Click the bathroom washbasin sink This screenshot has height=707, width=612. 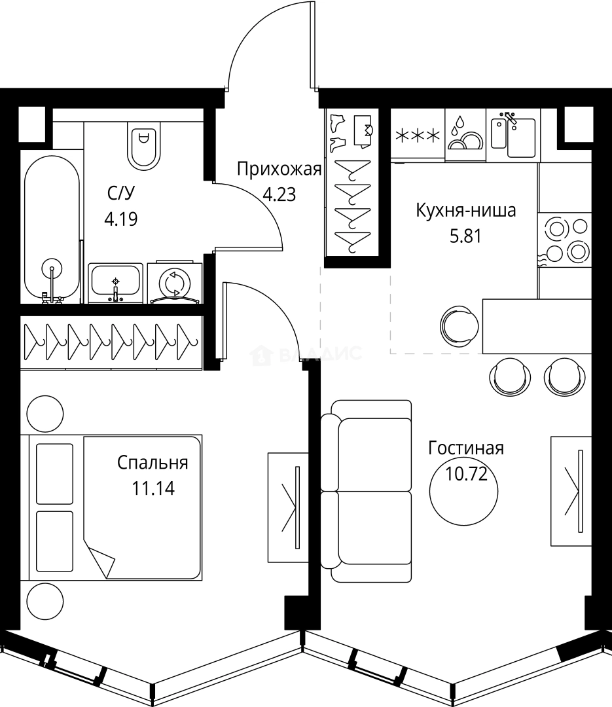[x=115, y=283]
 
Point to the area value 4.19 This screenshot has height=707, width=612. [x=121, y=219]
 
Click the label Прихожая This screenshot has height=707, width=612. [x=279, y=169]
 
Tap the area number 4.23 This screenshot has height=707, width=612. [x=279, y=195]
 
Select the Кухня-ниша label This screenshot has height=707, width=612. [x=466, y=211]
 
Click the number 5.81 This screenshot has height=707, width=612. [x=466, y=236]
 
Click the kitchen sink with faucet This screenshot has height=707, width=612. [x=514, y=134]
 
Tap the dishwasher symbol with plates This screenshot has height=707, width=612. [x=465, y=134]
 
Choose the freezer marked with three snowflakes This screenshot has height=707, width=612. [x=418, y=134]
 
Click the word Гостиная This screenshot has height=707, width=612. [x=466, y=448]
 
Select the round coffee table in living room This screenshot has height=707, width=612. [x=463, y=491]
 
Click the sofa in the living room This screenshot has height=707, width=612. [x=366, y=491]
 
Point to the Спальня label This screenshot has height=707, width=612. [x=153, y=463]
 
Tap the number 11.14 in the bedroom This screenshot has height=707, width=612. [x=153, y=488]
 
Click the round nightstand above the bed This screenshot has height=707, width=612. [x=45, y=414]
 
